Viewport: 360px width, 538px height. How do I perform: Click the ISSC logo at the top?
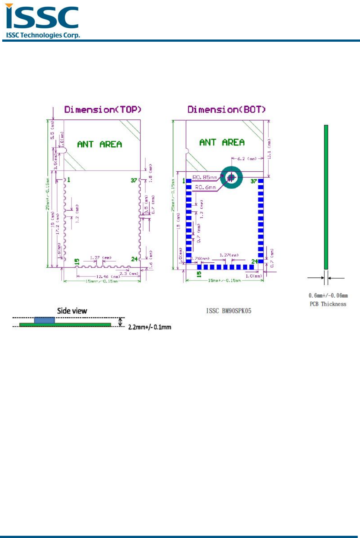(x=42, y=21)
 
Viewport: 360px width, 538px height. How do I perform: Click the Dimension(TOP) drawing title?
(x=102, y=110)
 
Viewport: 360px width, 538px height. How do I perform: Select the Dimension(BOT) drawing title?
(x=226, y=110)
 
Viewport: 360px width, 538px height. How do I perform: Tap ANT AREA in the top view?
(x=100, y=144)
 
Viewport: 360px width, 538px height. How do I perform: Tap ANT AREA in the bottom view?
(x=222, y=142)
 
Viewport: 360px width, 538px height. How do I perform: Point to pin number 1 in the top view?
(x=69, y=180)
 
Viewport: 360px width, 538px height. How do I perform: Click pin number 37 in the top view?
(x=134, y=180)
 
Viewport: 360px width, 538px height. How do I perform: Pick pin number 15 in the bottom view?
(x=199, y=274)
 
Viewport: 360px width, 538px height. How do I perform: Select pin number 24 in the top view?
(x=134, y=259)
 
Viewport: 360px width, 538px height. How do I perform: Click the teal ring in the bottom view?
(x=231, y=177)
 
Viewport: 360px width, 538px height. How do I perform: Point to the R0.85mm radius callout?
(x=205, y=177)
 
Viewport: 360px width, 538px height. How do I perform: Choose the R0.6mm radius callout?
(x=205, y=187)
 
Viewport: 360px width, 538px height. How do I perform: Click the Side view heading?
(x=72, y=311)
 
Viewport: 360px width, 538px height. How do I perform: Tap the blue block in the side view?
(x=44, y=320)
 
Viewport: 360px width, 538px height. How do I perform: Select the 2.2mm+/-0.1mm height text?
(x=149, y=327)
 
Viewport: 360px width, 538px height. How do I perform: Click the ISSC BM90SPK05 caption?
(x=228, y=311)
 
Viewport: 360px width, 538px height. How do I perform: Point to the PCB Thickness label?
(x=328, y=304)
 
